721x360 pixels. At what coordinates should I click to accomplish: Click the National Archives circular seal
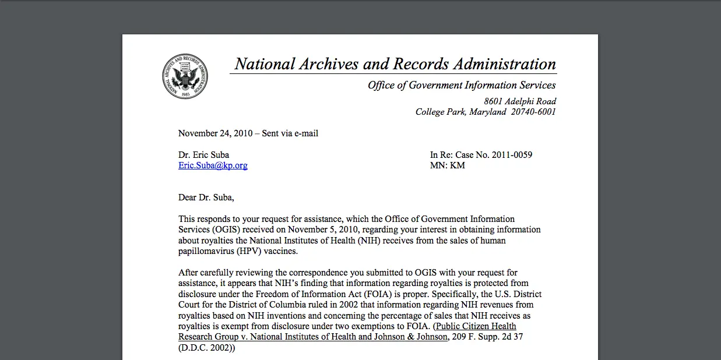[185, 76]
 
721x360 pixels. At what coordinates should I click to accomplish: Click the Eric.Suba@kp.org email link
[213, 165]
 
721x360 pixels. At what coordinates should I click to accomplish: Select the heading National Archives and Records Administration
[395, 64]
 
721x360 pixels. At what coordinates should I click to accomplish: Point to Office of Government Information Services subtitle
[462, 85]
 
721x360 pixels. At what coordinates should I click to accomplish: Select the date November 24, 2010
[215, 133]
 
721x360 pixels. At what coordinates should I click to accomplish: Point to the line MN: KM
[447, 165]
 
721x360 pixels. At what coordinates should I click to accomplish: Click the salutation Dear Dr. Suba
[206, 197]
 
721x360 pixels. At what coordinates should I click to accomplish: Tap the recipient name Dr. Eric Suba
[203, 155]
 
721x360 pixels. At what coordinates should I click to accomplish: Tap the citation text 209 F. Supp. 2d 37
[487, 337]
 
